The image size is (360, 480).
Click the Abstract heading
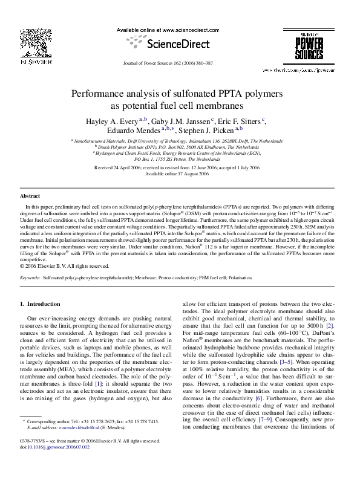30,196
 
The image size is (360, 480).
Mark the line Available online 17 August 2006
180,174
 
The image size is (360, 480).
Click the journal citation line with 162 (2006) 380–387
180,63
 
